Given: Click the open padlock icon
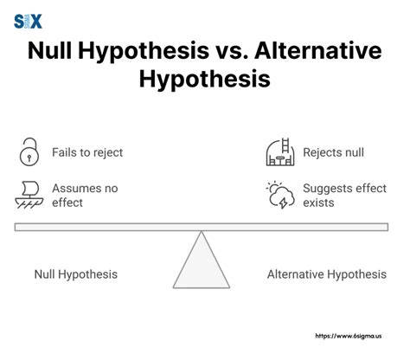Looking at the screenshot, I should pos(29,152).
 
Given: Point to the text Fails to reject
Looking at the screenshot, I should pos(86,153).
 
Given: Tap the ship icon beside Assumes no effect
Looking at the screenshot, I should pos(29,195).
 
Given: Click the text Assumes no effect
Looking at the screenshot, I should pos(84,196).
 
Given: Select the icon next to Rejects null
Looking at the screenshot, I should pos(279,152).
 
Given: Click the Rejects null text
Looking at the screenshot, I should pos(333,153).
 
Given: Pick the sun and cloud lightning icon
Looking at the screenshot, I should pos(280,195).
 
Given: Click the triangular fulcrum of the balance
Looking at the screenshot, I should pos(202,263).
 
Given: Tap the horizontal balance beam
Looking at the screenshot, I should pos(202,227).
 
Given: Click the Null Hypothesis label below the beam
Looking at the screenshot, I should pos(76,274).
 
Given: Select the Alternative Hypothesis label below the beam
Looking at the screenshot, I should pos(327,274).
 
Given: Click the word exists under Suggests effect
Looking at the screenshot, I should pos(317,203).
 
